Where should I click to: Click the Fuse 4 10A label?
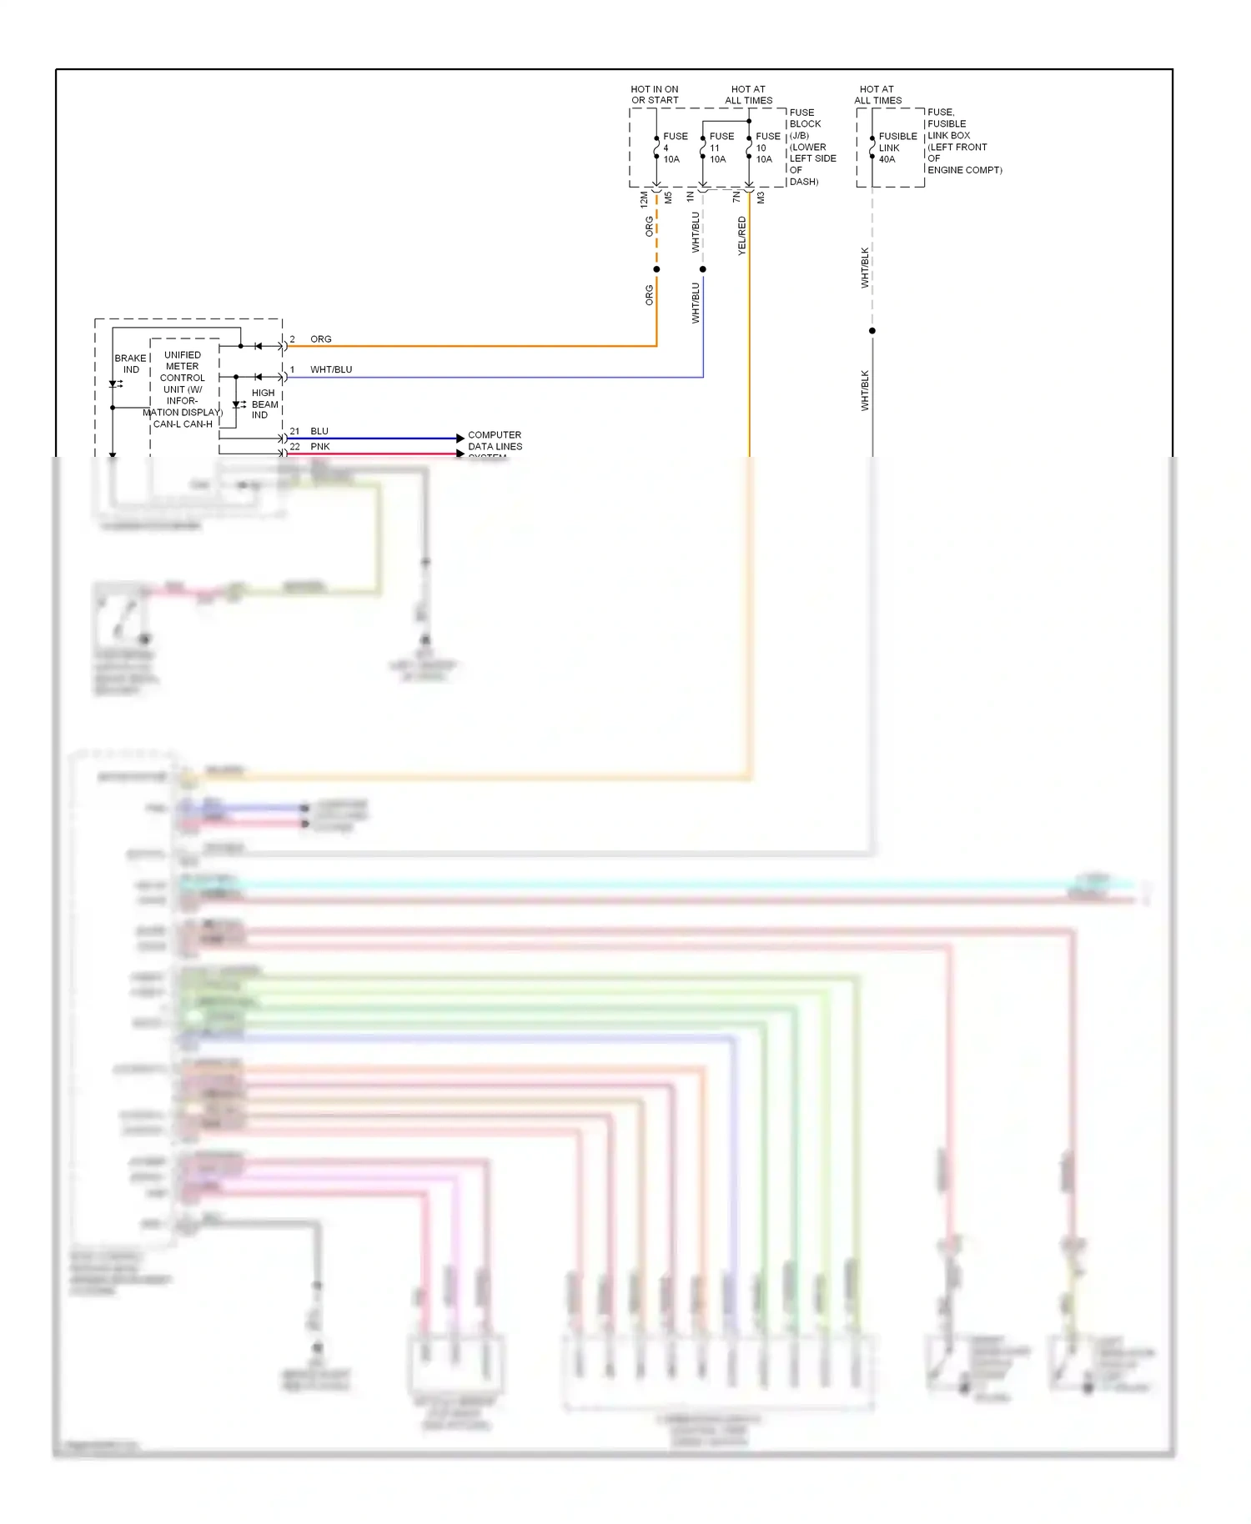click(674, 148)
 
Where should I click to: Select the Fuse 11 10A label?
click(721, 148)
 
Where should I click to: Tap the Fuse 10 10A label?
click(767, 148)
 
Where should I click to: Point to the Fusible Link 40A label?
click(897, 148)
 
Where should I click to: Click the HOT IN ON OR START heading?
click(655, 94)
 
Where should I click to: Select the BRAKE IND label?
click(131, 363)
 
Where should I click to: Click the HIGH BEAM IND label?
click(264, 404)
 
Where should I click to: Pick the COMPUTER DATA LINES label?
click(495, 441)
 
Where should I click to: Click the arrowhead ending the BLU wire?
click(460, 438)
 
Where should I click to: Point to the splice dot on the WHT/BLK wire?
click(872, 331)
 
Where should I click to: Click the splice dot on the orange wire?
click(656, 269)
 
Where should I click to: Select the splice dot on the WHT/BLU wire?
click(703, 269)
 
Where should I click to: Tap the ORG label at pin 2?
click(321, 339)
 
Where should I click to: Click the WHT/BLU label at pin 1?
click(331, 369)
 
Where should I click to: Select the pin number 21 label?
click(294, 431)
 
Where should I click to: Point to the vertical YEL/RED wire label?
click(741, 236)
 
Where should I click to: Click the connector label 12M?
click(644, 199)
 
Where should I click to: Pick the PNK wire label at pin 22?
click(320, 447)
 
